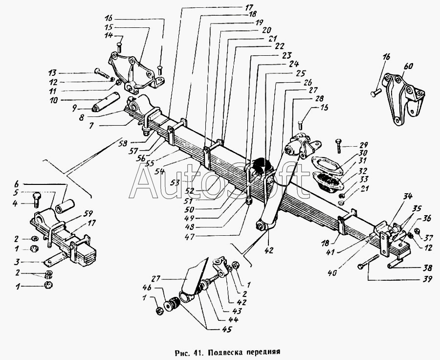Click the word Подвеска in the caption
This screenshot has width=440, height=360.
(x=227, y=351)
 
